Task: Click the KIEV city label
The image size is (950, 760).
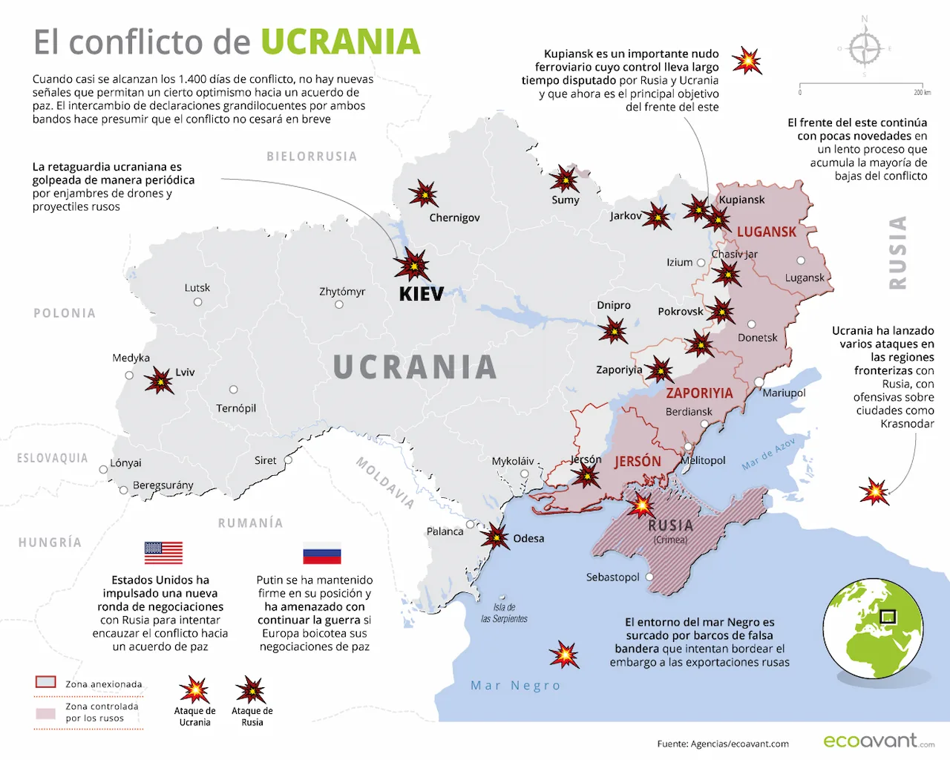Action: coord(421,294)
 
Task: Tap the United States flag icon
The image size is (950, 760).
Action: coord(163,553)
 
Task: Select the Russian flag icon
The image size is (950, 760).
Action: coord(321,554)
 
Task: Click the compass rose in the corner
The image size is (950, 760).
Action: coord(865,49)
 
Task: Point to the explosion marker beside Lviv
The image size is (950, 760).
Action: coord(159,381)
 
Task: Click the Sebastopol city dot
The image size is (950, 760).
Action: coord(649,577)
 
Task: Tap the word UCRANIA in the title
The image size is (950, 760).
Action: coord(340,42)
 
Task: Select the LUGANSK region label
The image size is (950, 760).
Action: coord(766,232)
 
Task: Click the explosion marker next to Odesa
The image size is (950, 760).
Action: coord(495,536)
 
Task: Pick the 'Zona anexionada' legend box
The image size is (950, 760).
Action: coord(46,682)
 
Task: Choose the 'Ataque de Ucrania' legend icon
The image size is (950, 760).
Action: coord(194,689)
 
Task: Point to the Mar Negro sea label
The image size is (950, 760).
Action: coord(515,686)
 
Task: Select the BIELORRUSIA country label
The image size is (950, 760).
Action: coord(312,157)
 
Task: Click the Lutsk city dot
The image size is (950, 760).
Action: coord(198,302)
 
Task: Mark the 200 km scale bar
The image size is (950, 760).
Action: coord(861,85)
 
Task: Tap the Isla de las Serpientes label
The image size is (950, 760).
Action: coord(505,613)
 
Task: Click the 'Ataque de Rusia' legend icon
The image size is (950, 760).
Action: coord(251,689)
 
